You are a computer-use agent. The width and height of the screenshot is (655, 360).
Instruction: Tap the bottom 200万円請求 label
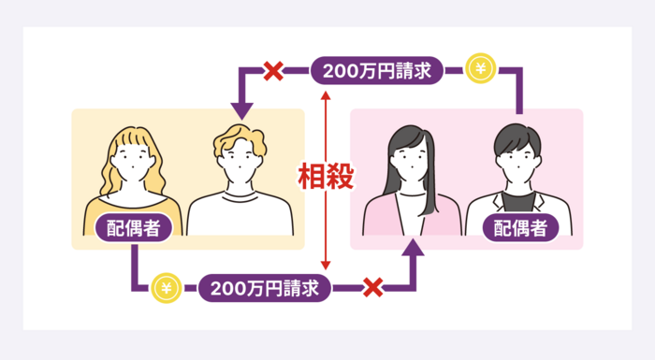(266, 287)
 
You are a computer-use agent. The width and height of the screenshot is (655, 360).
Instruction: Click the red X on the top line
(273, 70)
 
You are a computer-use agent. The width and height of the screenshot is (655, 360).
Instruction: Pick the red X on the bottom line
(372, 287)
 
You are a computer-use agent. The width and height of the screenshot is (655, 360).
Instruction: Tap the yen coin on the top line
(481, 69)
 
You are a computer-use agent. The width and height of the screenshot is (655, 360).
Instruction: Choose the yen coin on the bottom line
(167, 286)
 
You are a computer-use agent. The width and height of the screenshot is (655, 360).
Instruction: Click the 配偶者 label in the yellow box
(131, 226)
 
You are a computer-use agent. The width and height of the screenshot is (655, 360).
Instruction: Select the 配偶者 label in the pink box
(515, 226)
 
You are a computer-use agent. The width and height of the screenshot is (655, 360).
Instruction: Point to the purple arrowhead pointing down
(242, 110)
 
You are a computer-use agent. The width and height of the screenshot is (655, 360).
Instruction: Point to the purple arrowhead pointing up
(413, 247)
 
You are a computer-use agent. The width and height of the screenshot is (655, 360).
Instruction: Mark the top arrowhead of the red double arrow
(324, 96)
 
